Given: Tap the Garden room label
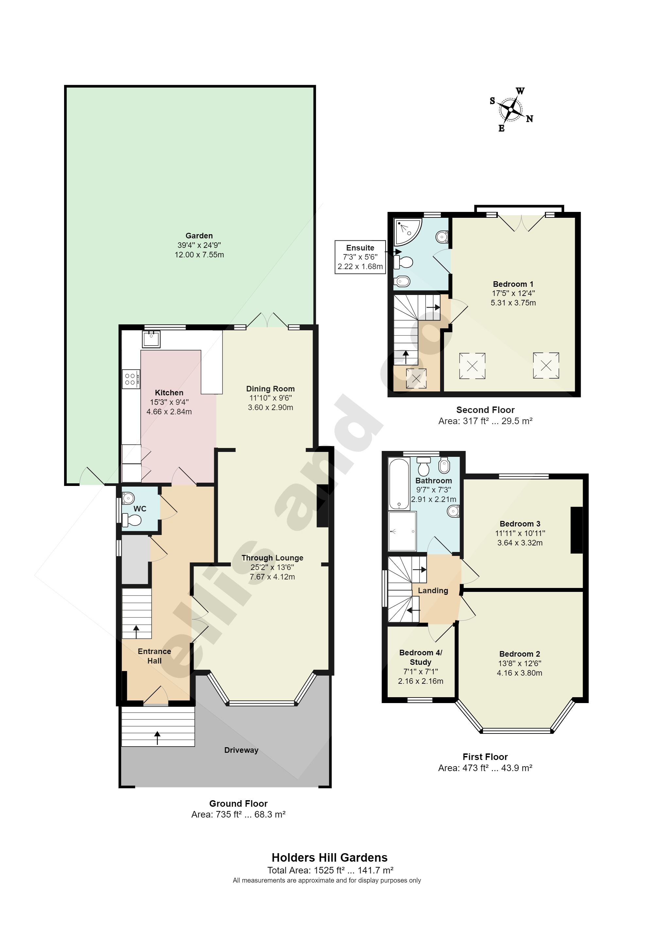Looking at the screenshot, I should click(199, 236).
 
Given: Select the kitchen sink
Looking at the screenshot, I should click(151, 338).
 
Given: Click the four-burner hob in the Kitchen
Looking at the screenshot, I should click(131, 379).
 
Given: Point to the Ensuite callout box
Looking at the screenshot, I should click(360, 257).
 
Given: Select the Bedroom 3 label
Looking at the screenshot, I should click(520, 524).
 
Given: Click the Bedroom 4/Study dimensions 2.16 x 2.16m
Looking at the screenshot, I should click(420, 681).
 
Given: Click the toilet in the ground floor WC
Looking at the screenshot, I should click(132, 520).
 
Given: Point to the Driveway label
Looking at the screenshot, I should click(241, 750).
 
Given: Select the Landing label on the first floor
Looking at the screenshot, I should click(433, 590).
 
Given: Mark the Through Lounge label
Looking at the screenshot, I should click(272, 558).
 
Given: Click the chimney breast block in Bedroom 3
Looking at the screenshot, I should click(576, 529).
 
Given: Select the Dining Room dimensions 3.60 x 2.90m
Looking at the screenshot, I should click(270, 407).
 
